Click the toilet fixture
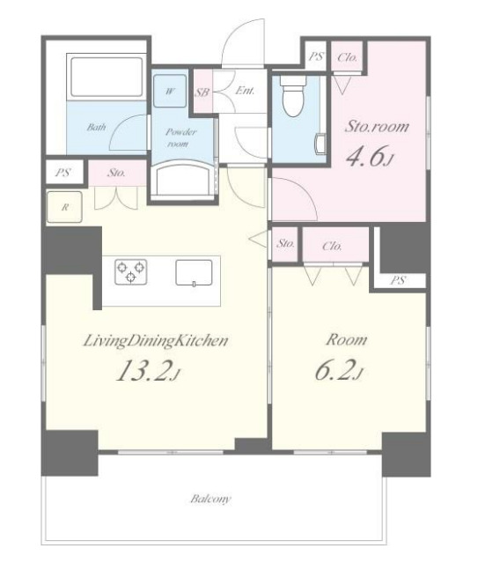pos(293,95)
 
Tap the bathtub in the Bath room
pos(107,77)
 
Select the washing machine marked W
pos(170,91)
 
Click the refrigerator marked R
pos(64,207)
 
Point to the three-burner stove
pos(130,271)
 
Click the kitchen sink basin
pos(194,272)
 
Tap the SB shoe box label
pos(202,93)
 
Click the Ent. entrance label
pos(245,91)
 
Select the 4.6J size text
pos(369,157)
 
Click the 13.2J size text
pos(148,371)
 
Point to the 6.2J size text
pos(339,369)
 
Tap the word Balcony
pos(210,499)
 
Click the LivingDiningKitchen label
pos(156,341)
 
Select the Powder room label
pos(180,137)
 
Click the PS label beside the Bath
pos(63,173)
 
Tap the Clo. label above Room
pos(332,246)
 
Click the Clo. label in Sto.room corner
pos(348,57)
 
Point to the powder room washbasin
pos(183,179)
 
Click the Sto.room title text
pos(377,126)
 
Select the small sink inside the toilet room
pos(320,144)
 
